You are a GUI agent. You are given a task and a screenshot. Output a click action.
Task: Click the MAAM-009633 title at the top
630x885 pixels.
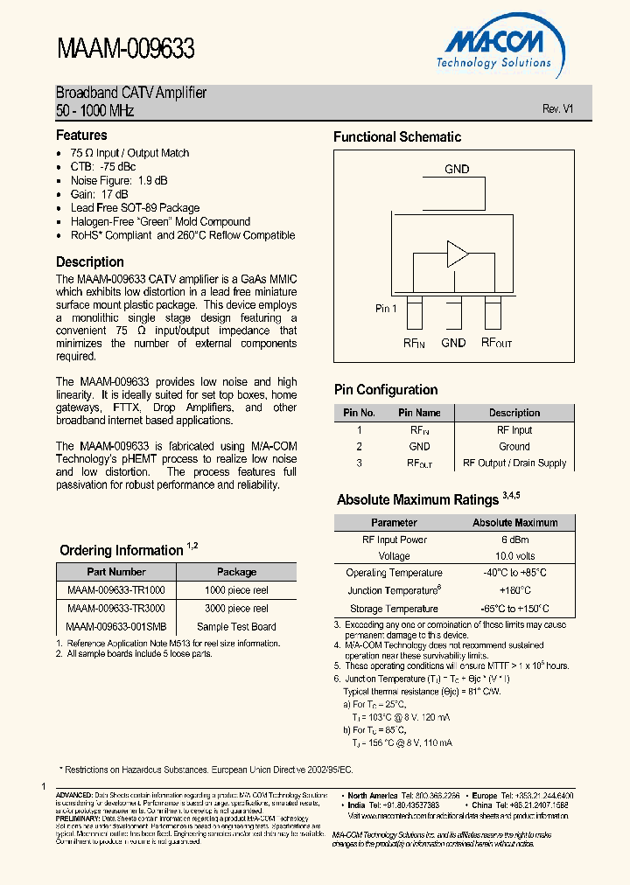(125, 49)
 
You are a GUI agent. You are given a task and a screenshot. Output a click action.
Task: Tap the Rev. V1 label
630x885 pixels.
(557, 108)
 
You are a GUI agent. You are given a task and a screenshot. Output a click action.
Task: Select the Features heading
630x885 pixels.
(81, 136)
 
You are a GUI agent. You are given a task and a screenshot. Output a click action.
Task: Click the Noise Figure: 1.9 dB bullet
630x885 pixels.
(119, 180)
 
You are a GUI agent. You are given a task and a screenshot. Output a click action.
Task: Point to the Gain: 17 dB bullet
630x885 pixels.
(100, 194)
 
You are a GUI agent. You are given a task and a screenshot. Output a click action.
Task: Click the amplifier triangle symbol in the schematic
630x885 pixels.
(458, 254)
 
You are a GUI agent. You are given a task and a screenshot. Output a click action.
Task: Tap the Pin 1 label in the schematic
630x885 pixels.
(386, 309)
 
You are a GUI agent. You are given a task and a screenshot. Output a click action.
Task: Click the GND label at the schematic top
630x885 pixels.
(457, 169)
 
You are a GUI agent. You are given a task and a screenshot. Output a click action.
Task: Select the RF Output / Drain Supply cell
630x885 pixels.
(514, 463)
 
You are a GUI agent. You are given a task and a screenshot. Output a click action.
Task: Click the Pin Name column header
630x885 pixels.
(420, 413)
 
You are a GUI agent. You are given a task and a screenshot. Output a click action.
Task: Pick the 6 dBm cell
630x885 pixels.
(514, 540)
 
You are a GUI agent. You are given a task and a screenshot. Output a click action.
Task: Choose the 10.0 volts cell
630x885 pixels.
(514, 556)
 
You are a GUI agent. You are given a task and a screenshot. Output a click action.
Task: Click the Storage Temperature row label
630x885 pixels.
(394, 609)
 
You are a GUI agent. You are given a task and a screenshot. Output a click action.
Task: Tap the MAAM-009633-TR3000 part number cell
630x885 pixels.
(115, 608)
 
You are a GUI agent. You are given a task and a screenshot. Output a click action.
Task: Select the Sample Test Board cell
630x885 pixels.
(236, 627)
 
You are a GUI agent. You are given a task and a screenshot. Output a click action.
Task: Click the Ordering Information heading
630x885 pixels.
(122, 550)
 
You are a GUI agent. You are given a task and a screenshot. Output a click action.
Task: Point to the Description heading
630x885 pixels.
(90, 262)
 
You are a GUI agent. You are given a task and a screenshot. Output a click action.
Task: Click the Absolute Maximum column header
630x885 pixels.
(514, 523)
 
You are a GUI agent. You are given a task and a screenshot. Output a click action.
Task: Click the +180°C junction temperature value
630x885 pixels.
(514, 590)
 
